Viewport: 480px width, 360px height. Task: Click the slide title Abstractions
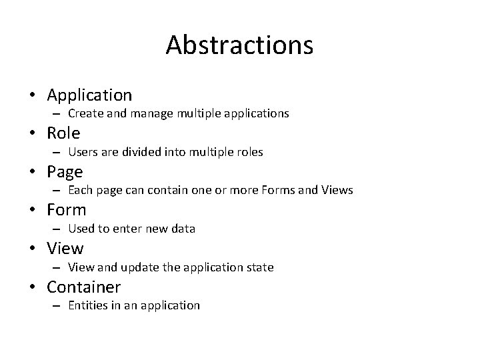pos(239,45)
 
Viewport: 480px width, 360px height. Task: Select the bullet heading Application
pos(89,95)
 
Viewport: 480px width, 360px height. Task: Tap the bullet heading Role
pos(63,133)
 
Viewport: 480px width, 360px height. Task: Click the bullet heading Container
pos(83,287)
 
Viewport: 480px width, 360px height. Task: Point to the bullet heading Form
pos(67,210)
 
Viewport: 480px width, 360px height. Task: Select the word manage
pos(151,114)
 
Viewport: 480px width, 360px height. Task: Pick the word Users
pos(83,152)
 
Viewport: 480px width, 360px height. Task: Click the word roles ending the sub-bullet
pos(249,152)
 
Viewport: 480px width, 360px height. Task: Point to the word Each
pos(80,191)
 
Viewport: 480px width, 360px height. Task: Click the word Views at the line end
pos(337,191)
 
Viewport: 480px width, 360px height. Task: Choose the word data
pos(183,229)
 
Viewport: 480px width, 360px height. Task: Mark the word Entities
pos(89,305)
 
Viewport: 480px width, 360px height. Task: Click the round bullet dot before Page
pos(32,172)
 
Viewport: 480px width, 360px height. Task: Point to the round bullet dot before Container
pos(32,288)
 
